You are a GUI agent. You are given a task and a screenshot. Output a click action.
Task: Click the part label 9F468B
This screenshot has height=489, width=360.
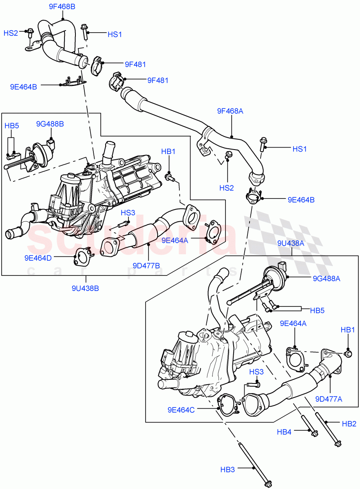pyautogui.click(x=62, y=7)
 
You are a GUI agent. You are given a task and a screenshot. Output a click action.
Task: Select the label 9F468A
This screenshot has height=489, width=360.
pyautogui.click(x=230, y=110)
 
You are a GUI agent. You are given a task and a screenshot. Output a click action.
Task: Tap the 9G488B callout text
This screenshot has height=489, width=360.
pyautogui.click(x=50, y=123)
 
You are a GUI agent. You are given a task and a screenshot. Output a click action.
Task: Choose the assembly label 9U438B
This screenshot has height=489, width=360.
pyautogui.click(x=85, y=288)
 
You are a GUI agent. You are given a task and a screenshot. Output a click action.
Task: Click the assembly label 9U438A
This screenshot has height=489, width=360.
pyautogui.click(x=291, y=243)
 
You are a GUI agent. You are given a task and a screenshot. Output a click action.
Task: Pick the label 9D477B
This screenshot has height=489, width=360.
pyautogui.click(x=146, y=266)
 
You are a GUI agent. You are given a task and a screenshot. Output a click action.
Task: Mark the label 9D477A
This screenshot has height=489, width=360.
pyautogui.click(x=328, y=399)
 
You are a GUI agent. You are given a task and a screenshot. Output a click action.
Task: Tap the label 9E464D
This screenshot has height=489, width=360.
pyautogui.click(x=38, y=258)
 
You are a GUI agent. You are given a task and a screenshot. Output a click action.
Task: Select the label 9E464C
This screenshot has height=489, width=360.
pyautogui.click(x=181, y=410)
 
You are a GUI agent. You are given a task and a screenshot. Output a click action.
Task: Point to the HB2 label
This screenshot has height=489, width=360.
pyautogui.click(x=349, y=424)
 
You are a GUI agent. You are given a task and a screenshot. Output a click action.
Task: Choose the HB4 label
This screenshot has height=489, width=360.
pyautogui.click(x=285, y=431)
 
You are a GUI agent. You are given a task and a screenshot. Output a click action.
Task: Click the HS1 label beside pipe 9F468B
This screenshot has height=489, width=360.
pyautogui.click(x=115, y=35)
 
